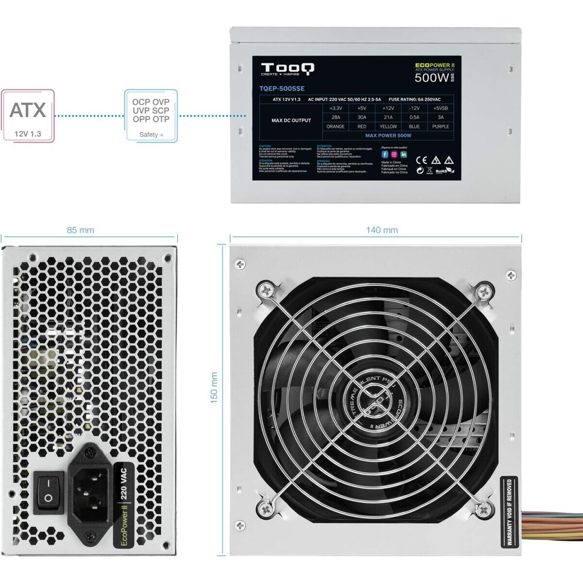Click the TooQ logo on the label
coord(288,69)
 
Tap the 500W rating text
coord(431,77)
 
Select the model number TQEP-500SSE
coord(282,88)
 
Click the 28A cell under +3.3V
coord(336,117)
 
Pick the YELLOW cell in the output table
coord(388,126)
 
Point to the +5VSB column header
coord(441,108)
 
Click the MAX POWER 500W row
coord(388,136)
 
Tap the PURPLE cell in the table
coord(441,126)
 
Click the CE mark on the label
coord(422,160)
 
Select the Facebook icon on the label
coord(385,154)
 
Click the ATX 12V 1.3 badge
coord(28,116)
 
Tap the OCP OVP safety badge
coord(151,115)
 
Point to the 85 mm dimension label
coord(81,230)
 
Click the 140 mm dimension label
coord(382,230)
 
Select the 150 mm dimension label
coord(214,388)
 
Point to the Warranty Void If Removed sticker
coord(509,512)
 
